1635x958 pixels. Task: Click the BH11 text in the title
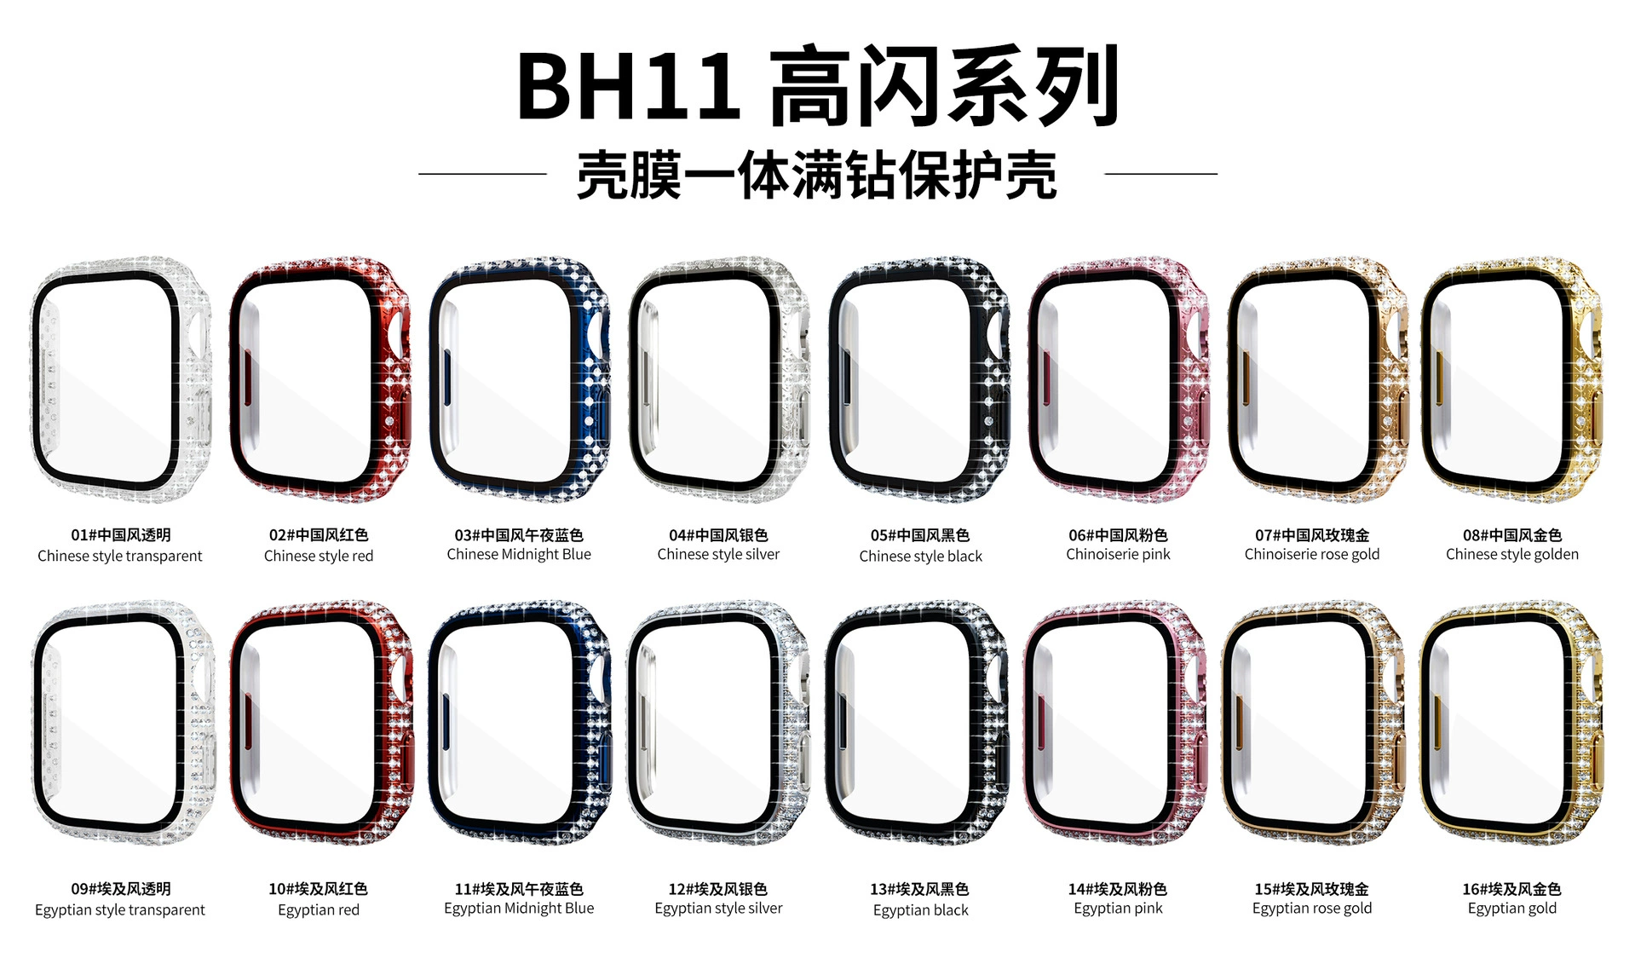(x=629, y=87)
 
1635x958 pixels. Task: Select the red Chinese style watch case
(x=320, y=379)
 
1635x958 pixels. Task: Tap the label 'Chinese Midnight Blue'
(x=519, y=554)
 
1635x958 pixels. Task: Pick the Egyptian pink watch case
(x=1115, y=723)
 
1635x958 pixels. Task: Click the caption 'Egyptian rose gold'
(x=1312, y=909)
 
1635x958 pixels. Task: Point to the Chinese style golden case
(x=1511, y=379)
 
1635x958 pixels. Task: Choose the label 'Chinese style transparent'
(x=120, y=556)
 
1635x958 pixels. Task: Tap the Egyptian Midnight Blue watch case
(x=520, y=723)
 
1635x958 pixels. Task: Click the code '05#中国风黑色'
(x=920, y=535)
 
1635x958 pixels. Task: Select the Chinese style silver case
(x=718, y=379)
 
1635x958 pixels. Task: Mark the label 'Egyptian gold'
(x=1512, y=909)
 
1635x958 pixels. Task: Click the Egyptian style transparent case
(x=122, y=723)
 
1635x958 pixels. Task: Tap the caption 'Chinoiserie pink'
(x=1118, y=554)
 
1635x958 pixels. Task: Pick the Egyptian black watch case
(x=917, y=723)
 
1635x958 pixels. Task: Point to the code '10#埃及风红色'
(x=319, y=889)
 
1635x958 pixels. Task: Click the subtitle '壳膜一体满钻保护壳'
(x=817, y=175)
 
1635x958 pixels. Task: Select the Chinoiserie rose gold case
(x=1316, y=379)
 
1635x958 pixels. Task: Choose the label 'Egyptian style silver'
(x=718, y=909)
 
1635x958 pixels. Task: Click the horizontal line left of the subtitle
(x=482, y=174)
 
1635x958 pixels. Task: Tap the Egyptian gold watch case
(x=1511, y=723)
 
